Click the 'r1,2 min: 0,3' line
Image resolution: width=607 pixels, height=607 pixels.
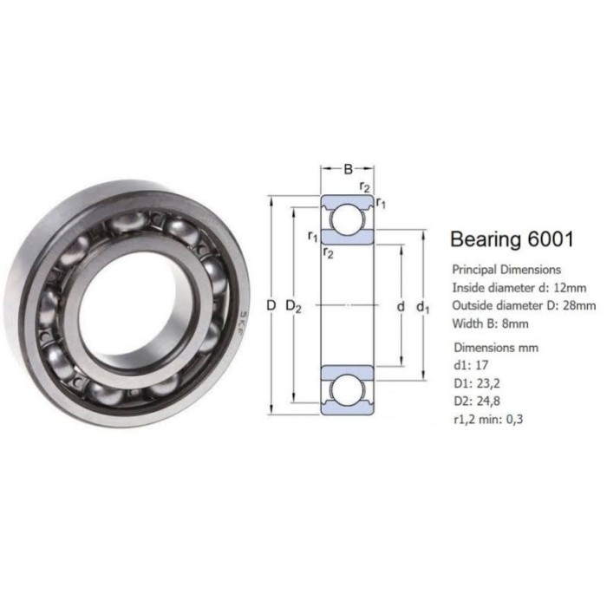pos(489,419)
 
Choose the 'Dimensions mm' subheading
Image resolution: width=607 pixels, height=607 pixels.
pos(497,347)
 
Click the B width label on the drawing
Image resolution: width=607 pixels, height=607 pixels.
pos(349,168)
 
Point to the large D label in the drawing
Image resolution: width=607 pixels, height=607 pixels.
pos(271,306)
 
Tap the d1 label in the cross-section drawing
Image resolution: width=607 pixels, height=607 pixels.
pos(422,307)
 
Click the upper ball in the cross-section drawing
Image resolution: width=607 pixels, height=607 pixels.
pos(349,217)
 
